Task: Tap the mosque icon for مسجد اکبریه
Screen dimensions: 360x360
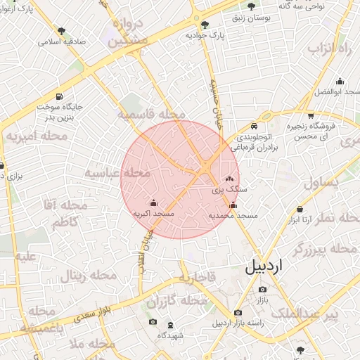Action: [x=153, y=203]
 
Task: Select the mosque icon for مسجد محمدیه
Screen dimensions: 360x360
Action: [x=233, y=205]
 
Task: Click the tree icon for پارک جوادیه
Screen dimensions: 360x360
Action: [x=205, y=25]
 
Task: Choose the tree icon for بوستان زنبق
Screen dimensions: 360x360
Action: [x=252, y=6]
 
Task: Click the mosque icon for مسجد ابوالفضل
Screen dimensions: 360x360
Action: [x=340, y=82]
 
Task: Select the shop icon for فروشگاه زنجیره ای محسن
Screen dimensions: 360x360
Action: [x=310, y=115]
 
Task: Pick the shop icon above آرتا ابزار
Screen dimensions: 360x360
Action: [x=300, y=210]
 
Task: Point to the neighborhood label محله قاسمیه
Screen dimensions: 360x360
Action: [x=151, y=114]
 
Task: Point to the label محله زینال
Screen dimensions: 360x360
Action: [x=88, y=275]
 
